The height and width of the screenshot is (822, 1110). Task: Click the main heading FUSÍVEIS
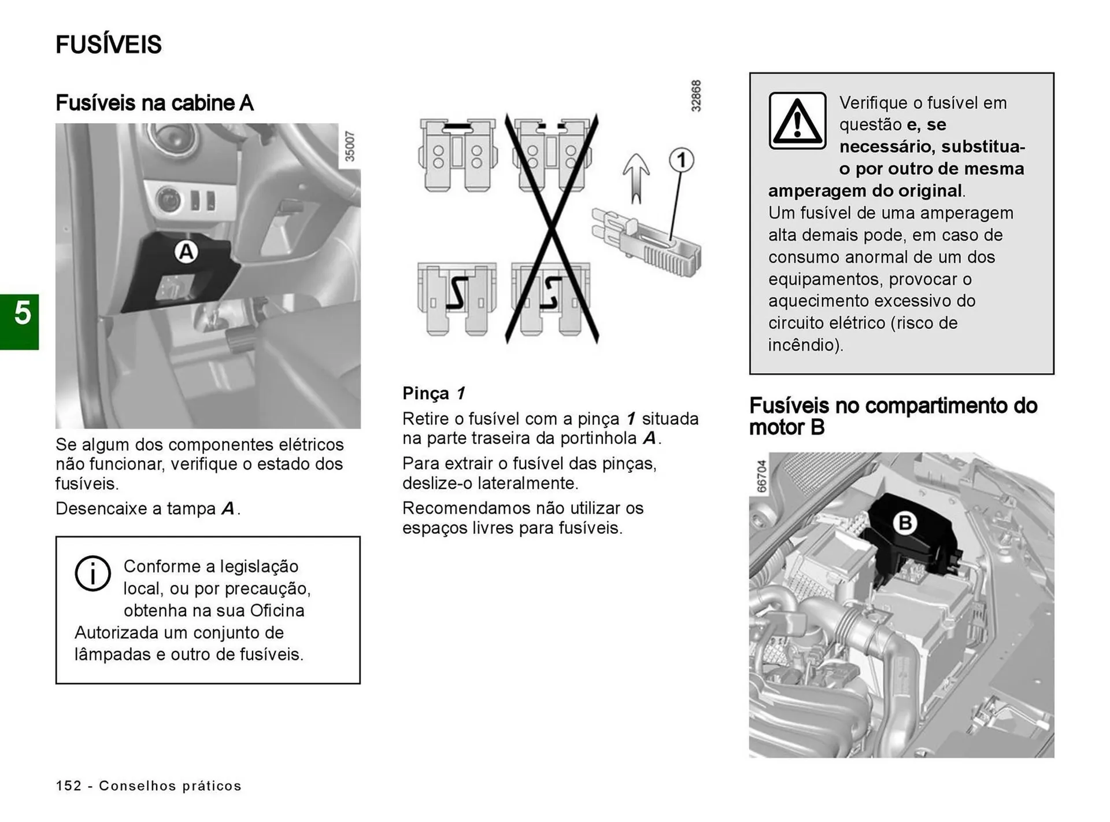pos(109,45)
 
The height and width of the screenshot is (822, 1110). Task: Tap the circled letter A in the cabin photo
pos(186,252)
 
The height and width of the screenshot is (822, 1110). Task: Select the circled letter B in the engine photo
pos(905,523)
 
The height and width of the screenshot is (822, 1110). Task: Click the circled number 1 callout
pos(682,160)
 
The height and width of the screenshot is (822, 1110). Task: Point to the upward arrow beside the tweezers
pos(636,179)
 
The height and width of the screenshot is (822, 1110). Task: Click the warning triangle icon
pos(797,121)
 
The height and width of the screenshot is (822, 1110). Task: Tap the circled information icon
pos(92,573)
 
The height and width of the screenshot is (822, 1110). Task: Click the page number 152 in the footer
pos(69,786)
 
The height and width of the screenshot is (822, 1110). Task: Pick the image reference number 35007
pos(350,146)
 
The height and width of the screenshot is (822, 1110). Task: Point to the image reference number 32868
pos(696,96)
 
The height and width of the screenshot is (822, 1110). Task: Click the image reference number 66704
pos(761,476)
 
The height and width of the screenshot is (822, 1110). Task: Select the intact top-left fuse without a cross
pos(457,156)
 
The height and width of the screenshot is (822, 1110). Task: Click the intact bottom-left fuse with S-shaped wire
pos(457,298)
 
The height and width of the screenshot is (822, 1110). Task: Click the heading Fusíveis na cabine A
pos(154,103)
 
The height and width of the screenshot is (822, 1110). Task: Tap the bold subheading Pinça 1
pos(434,393)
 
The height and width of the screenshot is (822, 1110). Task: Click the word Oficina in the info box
pos(277,611)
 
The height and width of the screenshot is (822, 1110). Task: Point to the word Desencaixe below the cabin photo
pos(102,508)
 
